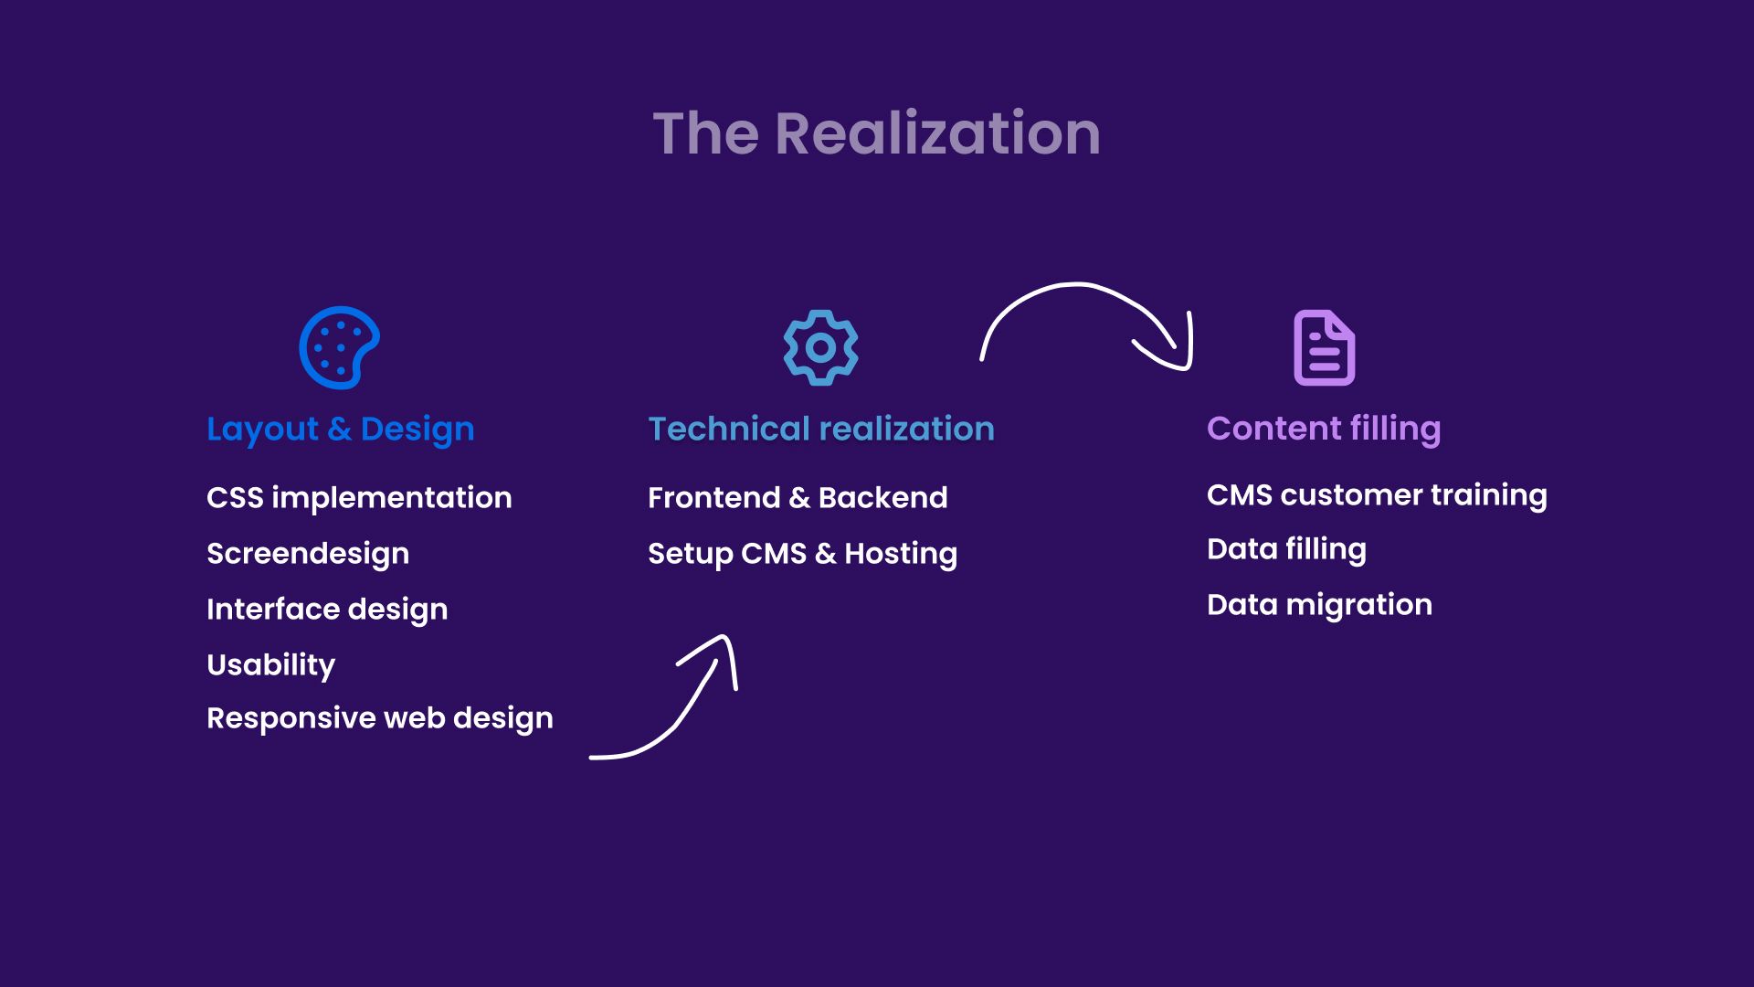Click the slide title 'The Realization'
(x=876, y=133)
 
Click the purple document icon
(x=1324, y=348)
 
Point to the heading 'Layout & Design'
(x=341, y=430)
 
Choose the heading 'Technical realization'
(x=821, y=429)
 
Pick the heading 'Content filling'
(x=1324, y=429)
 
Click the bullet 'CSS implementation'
(x=359, y=498)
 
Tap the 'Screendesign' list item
(x=308, y=554)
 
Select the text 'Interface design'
(x=327, y=610)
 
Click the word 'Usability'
(x=270, y=665)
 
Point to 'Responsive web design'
(x=380, y=718)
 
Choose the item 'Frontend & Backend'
(x=798, y=498)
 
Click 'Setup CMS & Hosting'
(x=802, y=554)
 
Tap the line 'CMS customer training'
(x=1377, y=495)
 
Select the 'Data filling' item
(x=1286, y=549)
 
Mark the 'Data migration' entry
(x=1319, y=605)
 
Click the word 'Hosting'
(x=901, y=554)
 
